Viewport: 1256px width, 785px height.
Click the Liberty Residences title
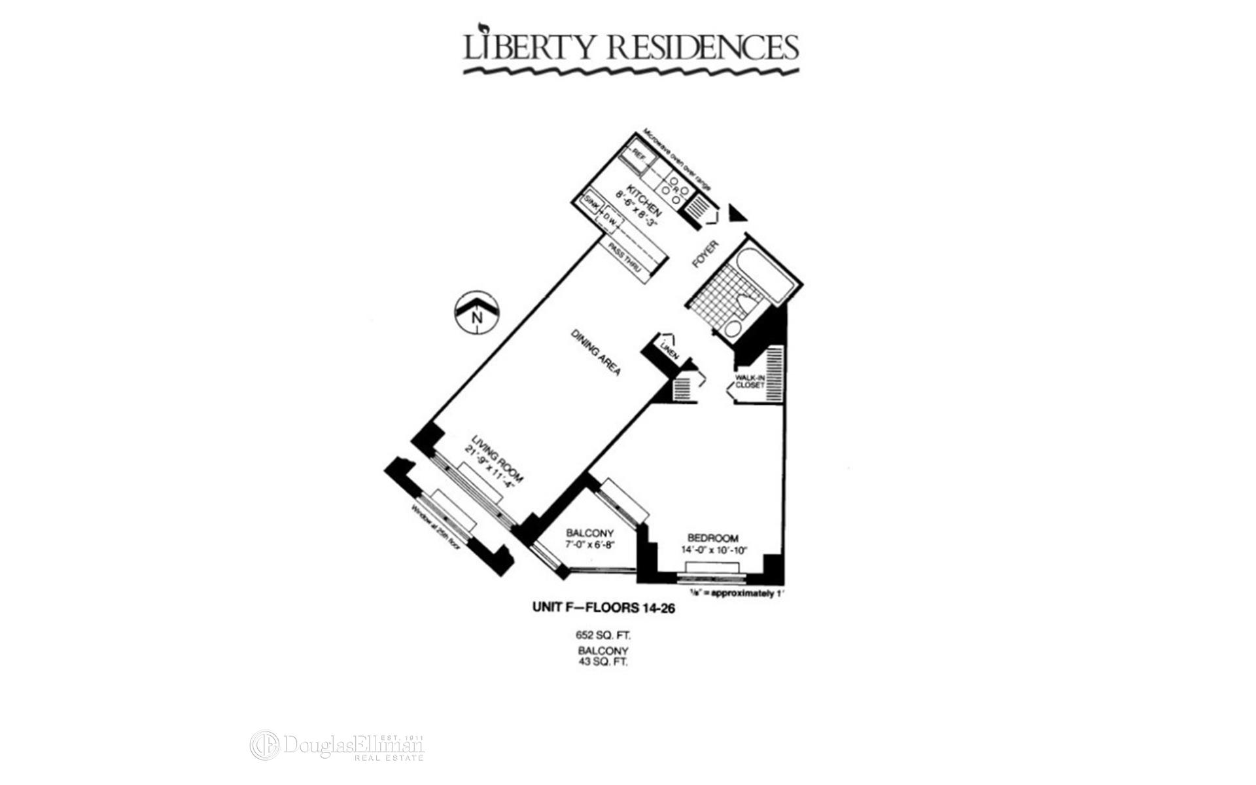tap(631, 47)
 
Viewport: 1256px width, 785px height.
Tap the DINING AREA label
tap(595, 352)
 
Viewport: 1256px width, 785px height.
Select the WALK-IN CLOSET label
tap(750, 381)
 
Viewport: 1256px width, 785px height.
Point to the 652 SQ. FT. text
tap(602, 635)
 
